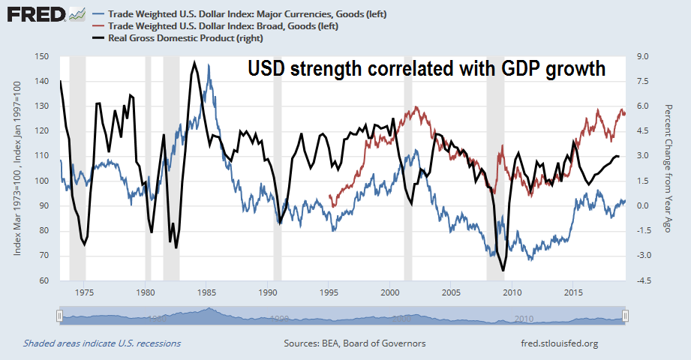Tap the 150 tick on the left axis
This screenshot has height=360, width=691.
(x=42, y=56)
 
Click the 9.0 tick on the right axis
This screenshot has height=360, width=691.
(x=642, y=56)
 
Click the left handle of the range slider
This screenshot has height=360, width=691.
(x=58, y=315)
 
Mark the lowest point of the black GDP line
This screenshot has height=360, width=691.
(x=503, y=270)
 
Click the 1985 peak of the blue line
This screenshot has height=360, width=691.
(x=211, y=76)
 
